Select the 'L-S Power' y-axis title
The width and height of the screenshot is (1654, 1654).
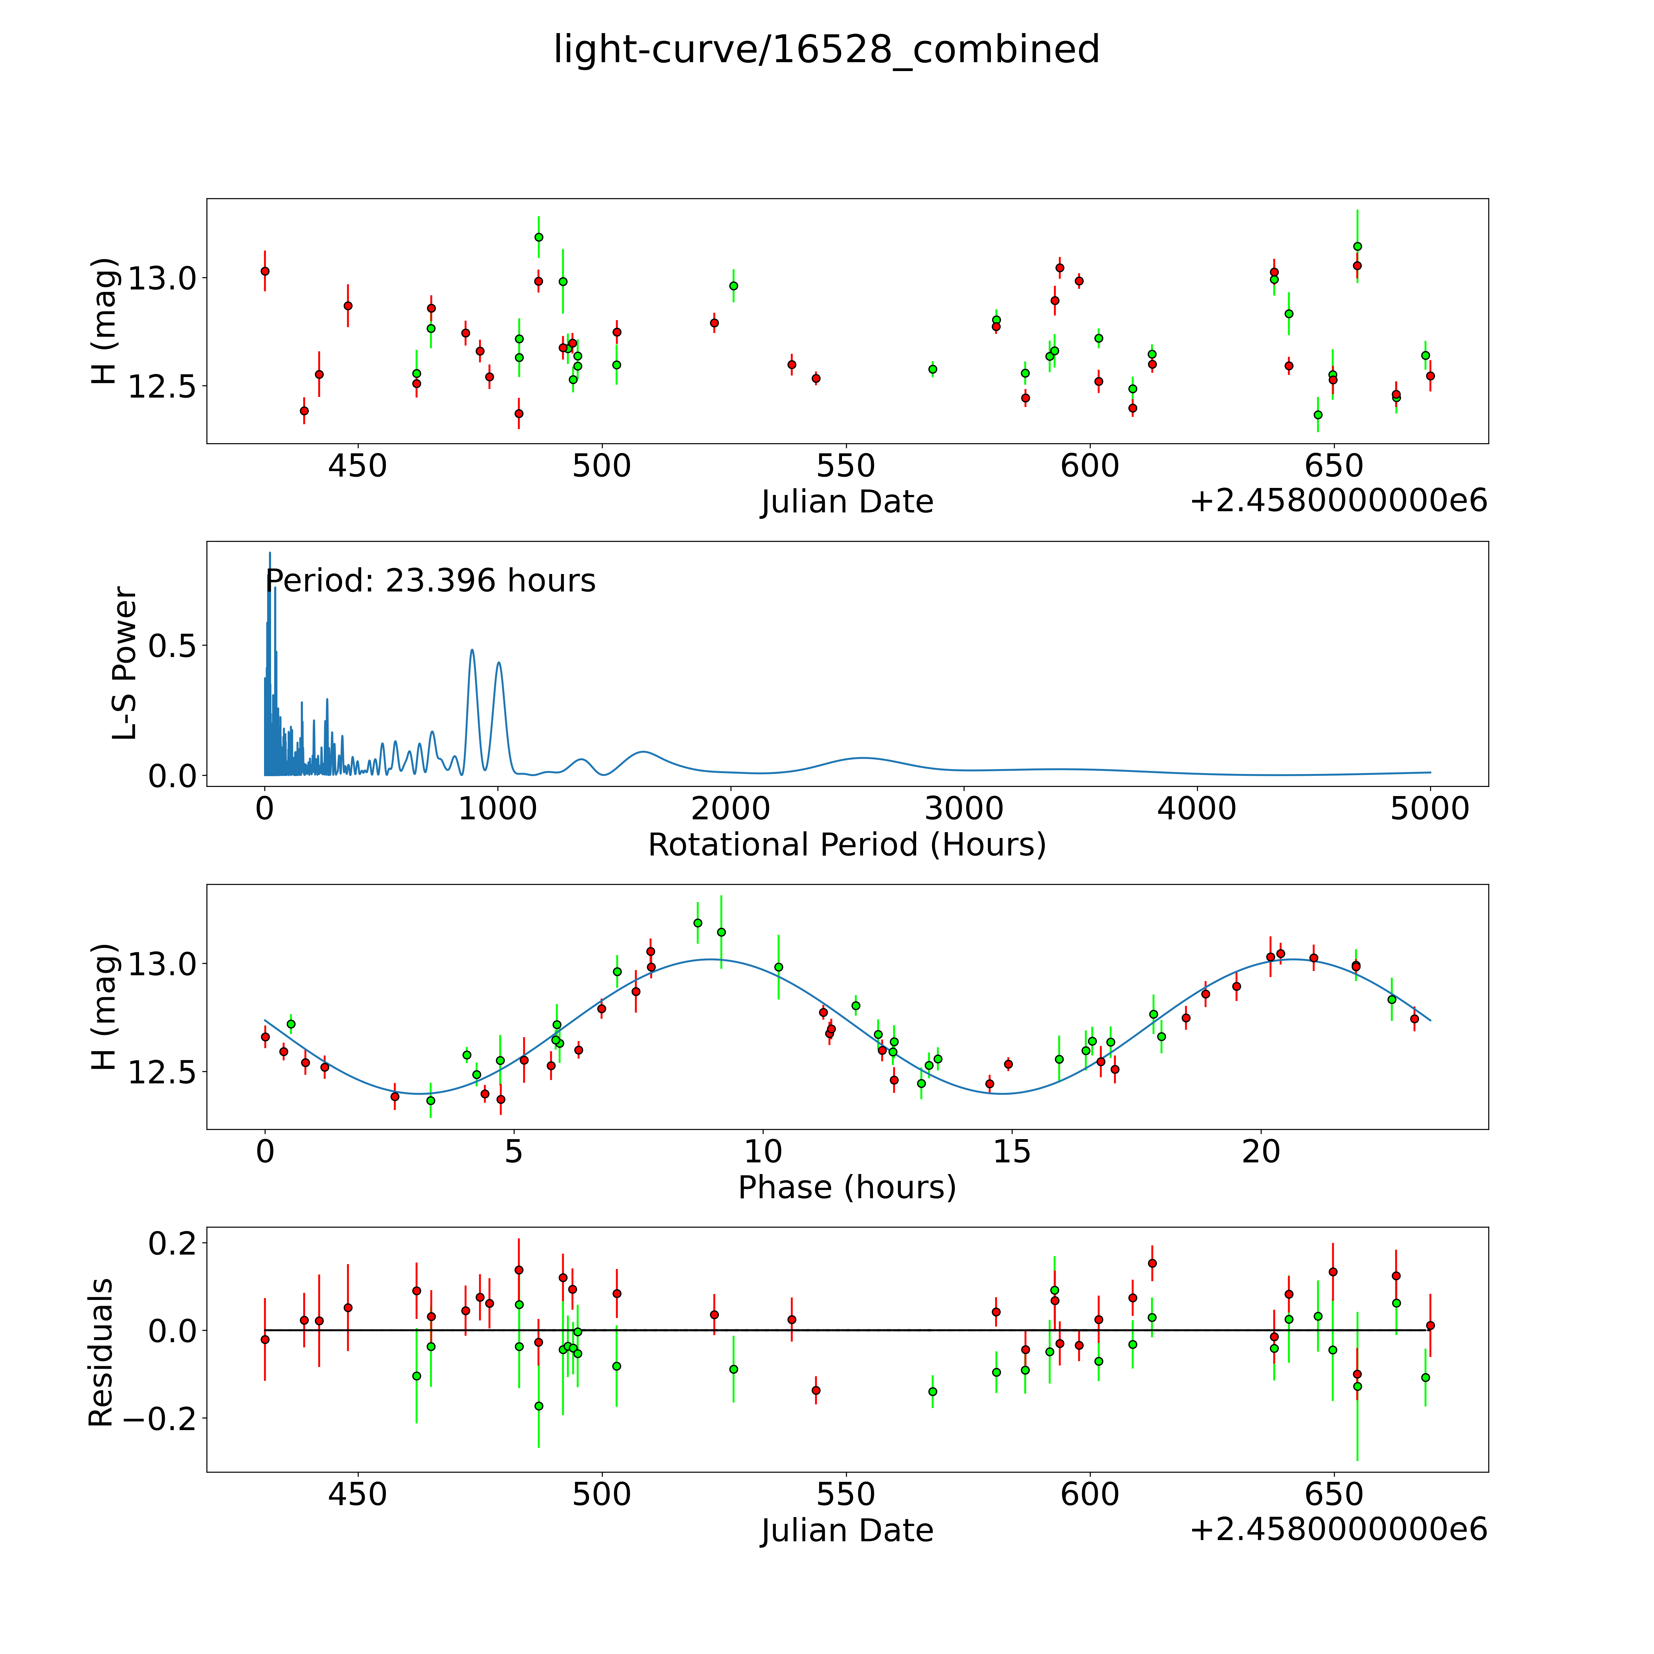pyautogui.click(x=124, y=663)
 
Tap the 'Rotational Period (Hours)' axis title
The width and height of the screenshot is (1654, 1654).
pyautogui.click(x=847, y=845)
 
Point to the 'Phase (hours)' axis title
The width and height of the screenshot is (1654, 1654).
pyautogui.click(x=847, y=1188)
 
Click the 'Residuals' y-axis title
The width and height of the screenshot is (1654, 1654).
pyautogui.click(x=101, y=1353)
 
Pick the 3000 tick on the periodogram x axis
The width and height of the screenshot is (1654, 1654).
pyautogui.click(x=964, y=808)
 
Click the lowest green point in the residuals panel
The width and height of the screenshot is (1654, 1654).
pyautogui.click(x=538, y=1406)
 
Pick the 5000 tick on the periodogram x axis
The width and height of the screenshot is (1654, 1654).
pyautogui.click(x=1430, y=808)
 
